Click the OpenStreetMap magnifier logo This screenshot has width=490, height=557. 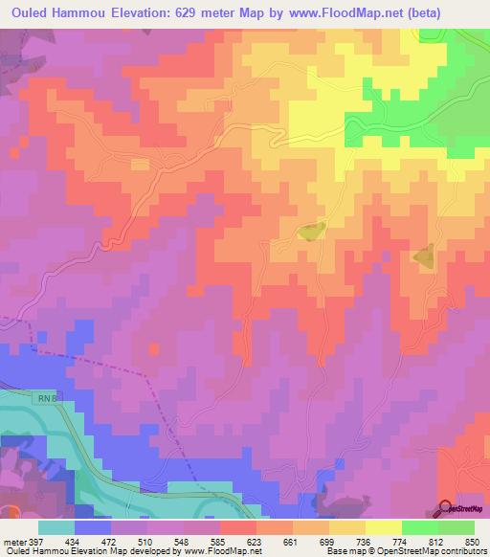coord(445,508)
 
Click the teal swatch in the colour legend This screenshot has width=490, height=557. coord(56,527)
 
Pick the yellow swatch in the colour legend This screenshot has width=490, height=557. coord(384,527)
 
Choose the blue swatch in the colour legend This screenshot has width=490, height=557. coord(93,527)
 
